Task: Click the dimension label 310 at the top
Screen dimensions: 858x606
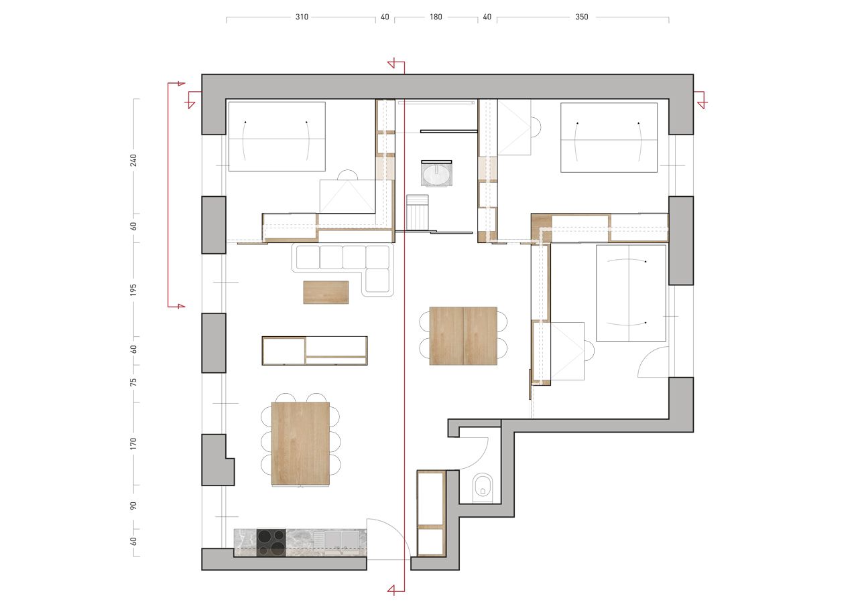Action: (302, 17)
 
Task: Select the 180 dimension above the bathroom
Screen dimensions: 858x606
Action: (436, 17)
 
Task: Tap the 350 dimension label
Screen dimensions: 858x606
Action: (581, 17)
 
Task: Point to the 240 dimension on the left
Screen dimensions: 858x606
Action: (133, 160)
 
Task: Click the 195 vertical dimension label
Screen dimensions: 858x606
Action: (133, 290)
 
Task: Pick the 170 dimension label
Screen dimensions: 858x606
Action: (133, 444)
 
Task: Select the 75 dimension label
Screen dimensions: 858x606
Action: (133, 382)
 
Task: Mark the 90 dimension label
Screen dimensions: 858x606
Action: (133, 506)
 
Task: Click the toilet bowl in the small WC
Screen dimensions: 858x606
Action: (483, 487)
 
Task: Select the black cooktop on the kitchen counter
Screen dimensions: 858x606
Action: (271, 542)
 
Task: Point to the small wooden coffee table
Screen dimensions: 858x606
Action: (326, 293)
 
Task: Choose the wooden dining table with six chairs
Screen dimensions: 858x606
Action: (300, 443)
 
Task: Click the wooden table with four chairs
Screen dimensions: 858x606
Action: (463, 336)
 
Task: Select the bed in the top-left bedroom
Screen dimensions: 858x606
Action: (277, 137)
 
